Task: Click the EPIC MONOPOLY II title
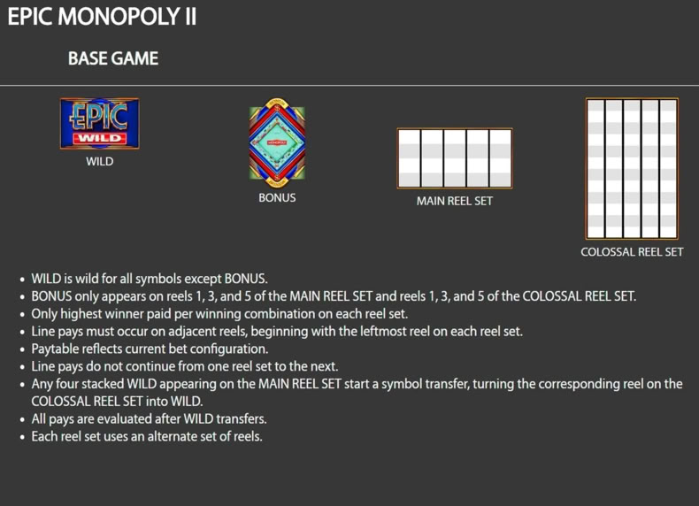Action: (102, 17)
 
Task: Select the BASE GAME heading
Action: (113, 58)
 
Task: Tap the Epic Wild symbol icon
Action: (99, 124)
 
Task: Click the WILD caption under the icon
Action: (99, 161)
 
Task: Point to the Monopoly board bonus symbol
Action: (277, 143)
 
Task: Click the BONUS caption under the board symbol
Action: (277, 197)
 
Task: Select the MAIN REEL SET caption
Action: (455, 201)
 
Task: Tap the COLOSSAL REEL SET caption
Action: (632, 252)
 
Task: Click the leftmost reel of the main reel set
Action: (410, 158)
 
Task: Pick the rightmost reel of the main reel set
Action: (501, 158)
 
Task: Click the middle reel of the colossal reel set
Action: (632, 168)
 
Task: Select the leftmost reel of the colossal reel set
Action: (596, 168)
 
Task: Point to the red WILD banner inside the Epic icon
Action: (100, 138)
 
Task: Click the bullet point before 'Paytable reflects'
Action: (22, 349)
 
